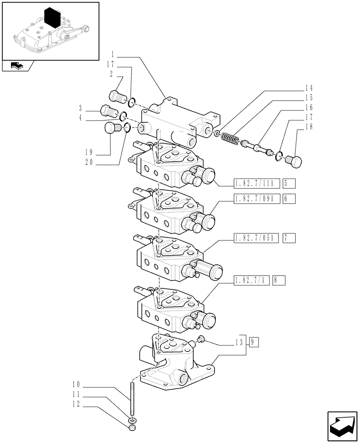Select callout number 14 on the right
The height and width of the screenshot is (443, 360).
click(x=309, y=87)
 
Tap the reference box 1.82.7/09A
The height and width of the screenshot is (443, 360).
click(x=255, y=199)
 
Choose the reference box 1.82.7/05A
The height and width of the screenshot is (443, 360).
click(x=255, y=239)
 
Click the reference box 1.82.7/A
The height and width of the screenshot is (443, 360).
click(x=251, y=280)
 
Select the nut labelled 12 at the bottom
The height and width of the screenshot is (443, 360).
click(x=132, y=428)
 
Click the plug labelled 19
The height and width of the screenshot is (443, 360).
click(x=110, y=129)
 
